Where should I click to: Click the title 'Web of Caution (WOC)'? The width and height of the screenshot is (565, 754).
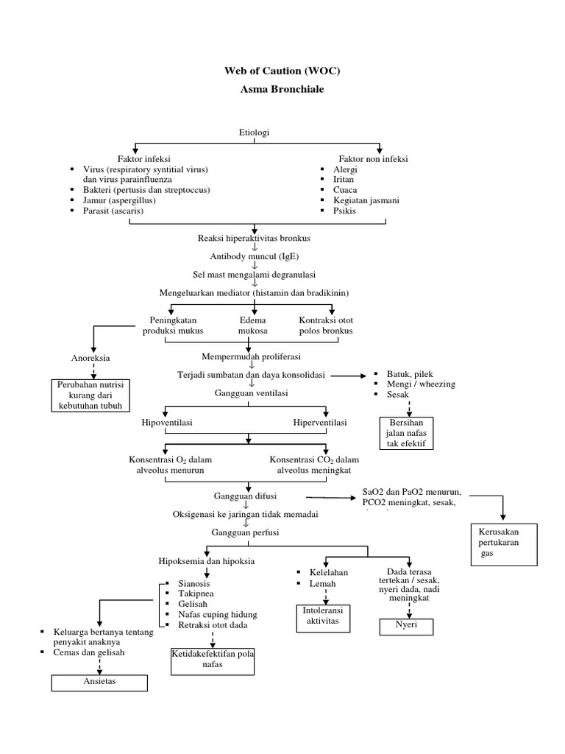[282, 71]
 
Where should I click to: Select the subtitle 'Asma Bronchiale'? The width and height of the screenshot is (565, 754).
[282, 89]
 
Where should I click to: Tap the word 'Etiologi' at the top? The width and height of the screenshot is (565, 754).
[255, 132]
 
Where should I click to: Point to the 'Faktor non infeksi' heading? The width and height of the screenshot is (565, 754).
[373, 158]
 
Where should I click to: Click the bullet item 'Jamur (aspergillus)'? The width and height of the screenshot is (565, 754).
[114, 200]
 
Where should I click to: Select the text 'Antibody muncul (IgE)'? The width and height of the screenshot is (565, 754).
[255, 256]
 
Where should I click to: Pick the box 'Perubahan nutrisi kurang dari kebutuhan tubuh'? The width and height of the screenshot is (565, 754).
[91, 395]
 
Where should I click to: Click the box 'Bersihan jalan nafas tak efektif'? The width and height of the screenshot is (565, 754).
[406, 433]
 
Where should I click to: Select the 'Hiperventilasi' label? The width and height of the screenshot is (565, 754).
[320, 423]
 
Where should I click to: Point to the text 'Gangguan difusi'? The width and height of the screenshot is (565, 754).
[245, 496]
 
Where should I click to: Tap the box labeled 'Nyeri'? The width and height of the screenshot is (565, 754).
[406, 627]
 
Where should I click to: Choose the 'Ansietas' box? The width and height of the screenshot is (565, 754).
[99, 682]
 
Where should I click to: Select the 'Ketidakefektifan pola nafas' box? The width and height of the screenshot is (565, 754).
[212, 659]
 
